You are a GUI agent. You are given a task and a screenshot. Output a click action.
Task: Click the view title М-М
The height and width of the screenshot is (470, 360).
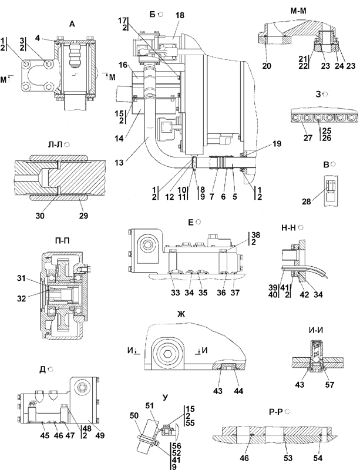click(301, 11)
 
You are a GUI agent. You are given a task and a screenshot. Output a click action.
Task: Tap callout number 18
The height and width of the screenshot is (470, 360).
click(180, 16)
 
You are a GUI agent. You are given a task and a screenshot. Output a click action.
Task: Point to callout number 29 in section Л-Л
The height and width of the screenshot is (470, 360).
click(83, 215)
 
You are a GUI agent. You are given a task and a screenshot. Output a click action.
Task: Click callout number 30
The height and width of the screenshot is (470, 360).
click(40, 215)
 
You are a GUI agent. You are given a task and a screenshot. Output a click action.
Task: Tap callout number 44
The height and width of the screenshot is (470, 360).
click(239, 391)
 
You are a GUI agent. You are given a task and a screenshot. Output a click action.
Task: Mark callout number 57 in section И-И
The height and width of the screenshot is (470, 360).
click(329, 384)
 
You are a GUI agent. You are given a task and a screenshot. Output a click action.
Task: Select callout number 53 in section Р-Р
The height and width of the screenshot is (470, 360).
click(288, 458)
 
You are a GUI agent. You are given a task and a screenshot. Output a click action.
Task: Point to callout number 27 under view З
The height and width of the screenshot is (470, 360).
click(308, 138)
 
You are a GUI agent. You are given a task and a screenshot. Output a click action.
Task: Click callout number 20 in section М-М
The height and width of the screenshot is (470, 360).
click(267, 65)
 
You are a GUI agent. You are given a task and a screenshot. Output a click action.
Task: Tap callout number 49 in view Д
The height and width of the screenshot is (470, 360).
click(100, 435)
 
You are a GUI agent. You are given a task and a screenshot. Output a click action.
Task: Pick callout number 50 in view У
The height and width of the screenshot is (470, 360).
click(134, 415)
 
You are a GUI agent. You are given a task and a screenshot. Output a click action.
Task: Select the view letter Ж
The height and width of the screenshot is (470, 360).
click(181, 314)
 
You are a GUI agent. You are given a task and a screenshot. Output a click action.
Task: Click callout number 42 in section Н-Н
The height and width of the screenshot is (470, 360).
click(304, 294)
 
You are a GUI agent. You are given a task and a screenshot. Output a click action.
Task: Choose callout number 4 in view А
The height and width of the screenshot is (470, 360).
click(37, 38)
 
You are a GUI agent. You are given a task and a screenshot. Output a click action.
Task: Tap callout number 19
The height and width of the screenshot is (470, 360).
click(277, 144)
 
